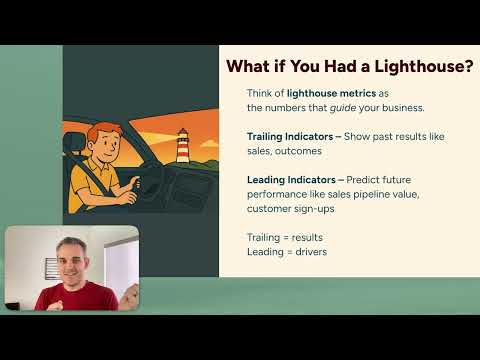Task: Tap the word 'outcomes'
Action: [x=306, y=150]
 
